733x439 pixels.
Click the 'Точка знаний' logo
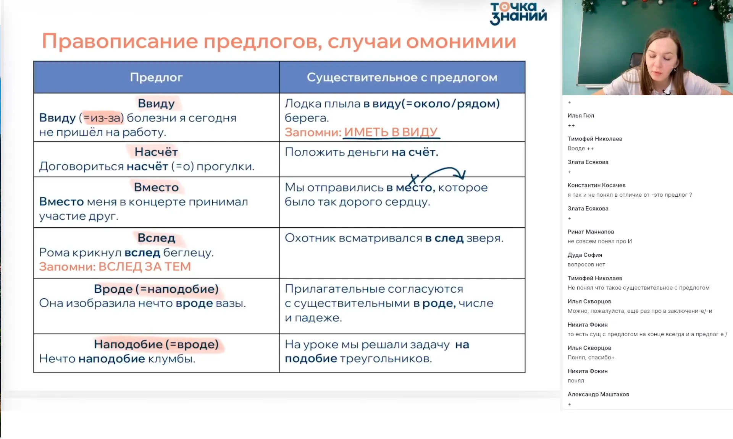pos(518,13)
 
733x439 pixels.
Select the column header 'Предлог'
pos(156,77)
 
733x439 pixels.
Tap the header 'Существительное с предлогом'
pos(402,77)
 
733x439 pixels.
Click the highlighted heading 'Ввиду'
pos(156,104)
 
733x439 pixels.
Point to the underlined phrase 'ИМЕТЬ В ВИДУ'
pos(391,132)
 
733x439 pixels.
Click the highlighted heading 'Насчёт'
pos(156,152)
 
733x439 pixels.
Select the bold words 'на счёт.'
pos(415,152)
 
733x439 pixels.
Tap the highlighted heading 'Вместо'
pos(156,187)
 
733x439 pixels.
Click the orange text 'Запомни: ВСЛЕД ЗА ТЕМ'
pos(115,267)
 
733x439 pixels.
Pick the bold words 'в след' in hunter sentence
pos(444,238)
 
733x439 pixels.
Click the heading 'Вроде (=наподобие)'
pos(156,289)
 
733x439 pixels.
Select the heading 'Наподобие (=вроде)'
pos(156,344)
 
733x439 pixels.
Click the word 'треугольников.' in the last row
pos(386,359)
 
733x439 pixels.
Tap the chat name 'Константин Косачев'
pos(596,185)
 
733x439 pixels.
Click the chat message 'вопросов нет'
pos(586,264)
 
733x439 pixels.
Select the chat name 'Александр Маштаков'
pos(598,394)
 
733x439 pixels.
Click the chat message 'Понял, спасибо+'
pos(591,357)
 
